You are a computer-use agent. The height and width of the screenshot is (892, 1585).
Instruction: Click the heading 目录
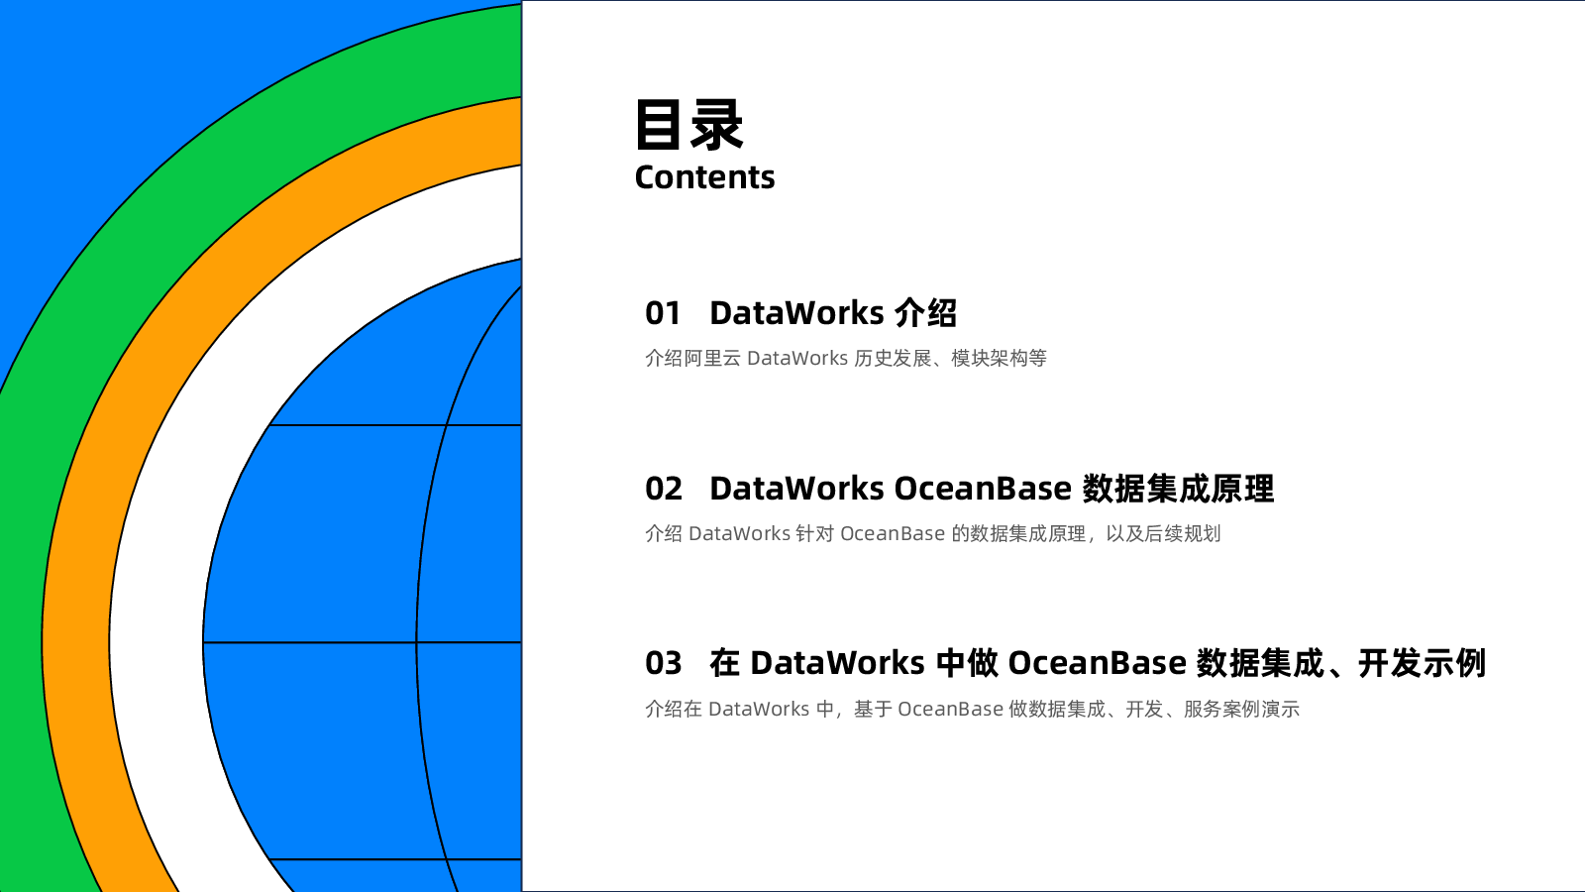click(x=689, y=125)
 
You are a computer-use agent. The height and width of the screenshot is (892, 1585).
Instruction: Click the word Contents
click(x=704, y=177)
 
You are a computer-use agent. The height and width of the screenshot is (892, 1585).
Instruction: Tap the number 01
click(x=663, y=313)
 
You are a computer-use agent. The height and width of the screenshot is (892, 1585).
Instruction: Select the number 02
click(x=664, y=489)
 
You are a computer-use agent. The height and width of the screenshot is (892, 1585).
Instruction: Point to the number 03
click(x=664, y=663)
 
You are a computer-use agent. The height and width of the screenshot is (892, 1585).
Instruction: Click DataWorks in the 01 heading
click(x=796, y=313)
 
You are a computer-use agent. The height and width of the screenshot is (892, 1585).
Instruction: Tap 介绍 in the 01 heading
click(x=925, y=313)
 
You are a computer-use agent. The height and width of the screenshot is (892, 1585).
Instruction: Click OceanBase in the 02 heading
click(x=983, y=489)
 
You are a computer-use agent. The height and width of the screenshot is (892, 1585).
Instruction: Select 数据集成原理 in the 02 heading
click(x=1178, y=489)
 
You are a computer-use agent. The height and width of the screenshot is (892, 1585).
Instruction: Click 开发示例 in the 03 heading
click(x=1422, y=663)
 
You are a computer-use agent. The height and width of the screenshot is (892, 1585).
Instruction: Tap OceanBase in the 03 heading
click(x=1097, y=663)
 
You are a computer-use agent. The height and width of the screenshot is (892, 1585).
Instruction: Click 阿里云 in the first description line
click(x=712, y=358)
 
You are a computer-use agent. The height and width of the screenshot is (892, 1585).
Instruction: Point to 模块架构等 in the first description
click(x=1000, y=358)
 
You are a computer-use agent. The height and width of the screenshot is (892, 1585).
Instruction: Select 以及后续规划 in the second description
click(x=1163, y=534)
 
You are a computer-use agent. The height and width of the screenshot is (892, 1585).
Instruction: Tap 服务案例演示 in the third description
click(x=1242, y=709)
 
